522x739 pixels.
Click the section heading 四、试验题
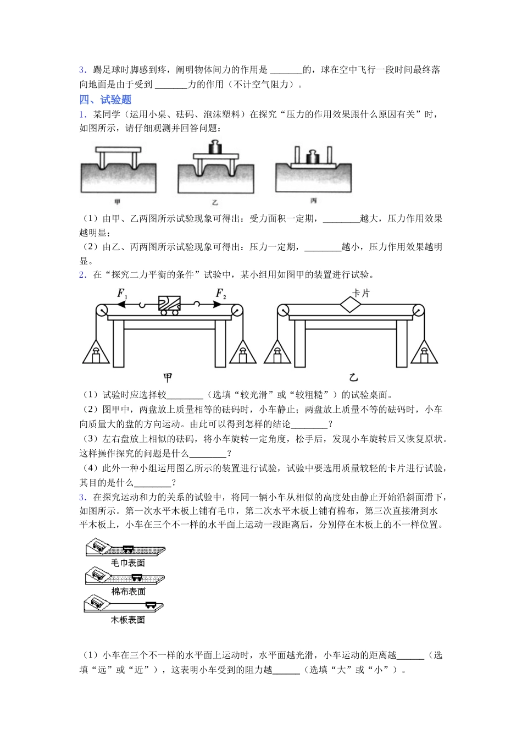click(105, 100)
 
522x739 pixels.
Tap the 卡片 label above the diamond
click(360, 294)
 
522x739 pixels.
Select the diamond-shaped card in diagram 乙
click(349, 304)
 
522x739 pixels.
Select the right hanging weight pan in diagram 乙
click(424, 352)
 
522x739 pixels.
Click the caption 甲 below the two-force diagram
click(168, 378)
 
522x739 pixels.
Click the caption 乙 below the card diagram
click(353, 378)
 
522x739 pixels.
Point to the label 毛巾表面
click(128, 563)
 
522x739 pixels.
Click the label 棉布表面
click(128, 592)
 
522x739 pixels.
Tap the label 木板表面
click(128, 620)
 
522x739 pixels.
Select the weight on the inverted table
click(313, 157)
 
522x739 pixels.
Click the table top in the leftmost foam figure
click(118, 150)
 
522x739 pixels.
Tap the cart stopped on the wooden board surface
click(151, 604)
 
